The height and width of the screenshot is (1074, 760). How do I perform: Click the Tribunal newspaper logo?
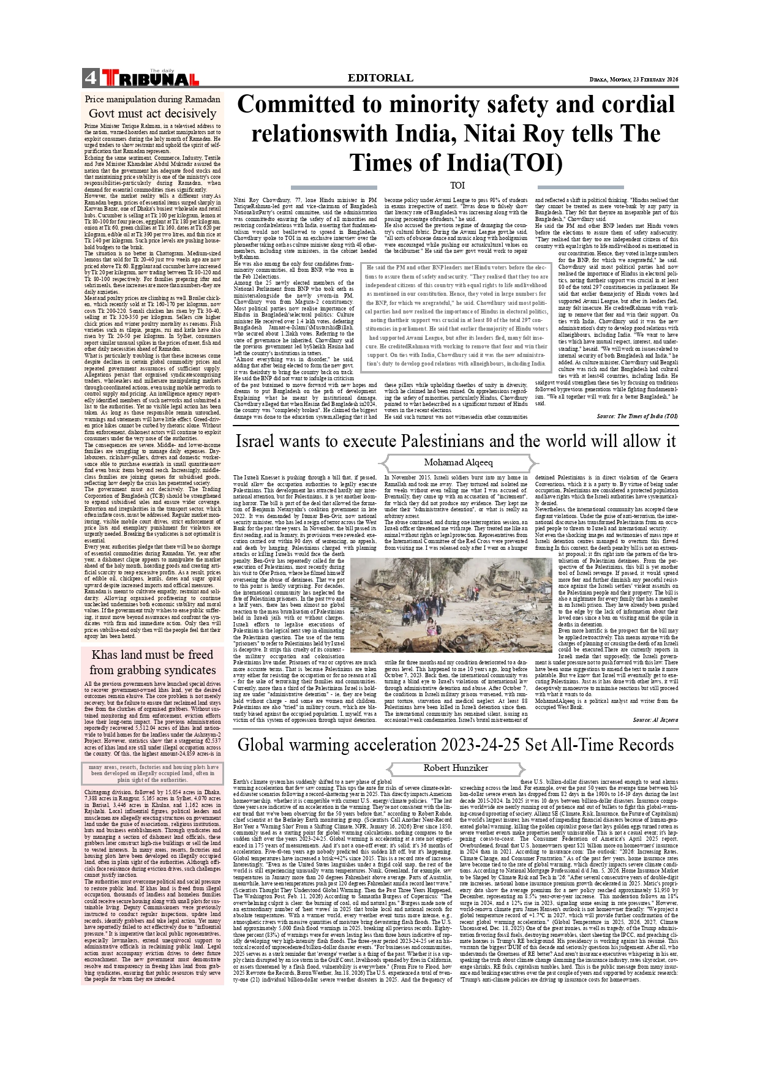pyautogui.click(x=150, y=78)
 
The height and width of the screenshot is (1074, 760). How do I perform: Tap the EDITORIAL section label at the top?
pyautogui.click(x=380, y=78)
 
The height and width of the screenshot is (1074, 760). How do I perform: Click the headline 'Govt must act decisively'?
pyautogui.click(x=152, y=113)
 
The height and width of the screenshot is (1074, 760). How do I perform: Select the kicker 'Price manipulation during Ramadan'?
pyautogui.click(x=152, y=99)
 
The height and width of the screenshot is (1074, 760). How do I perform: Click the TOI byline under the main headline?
pyautogui.click(x=457, y=185)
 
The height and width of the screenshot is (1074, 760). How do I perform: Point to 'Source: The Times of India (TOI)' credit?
pyautogui.click(x=637, y=416)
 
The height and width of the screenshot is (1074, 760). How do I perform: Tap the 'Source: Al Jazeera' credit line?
pyautogui.click(x=655, y=719)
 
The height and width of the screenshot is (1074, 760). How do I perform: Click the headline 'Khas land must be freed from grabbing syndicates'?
pyautogui.click(x=152, y=662)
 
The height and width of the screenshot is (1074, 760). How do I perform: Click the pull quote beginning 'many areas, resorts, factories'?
pyautogui.click(x=152, y=773)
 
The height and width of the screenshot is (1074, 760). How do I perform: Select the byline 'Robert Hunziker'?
pyautogui.click(x=456, y=767)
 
